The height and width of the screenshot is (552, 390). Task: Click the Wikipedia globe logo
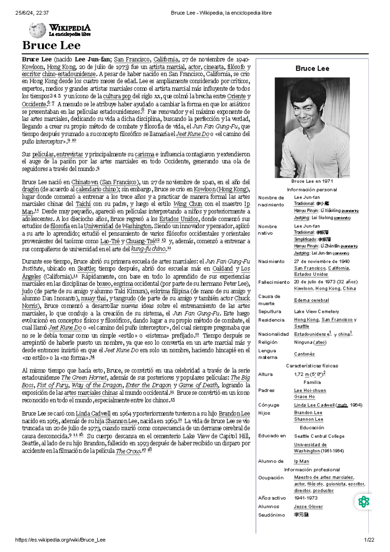click(x=37, y=30)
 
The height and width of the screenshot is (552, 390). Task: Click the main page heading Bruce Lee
click(x=51, y=46)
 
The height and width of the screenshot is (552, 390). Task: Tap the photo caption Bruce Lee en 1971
click(x=312, y=181)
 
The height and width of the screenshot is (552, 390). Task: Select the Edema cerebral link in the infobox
click(x=311, y=300)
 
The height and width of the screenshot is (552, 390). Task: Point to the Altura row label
click(x=265, y=375)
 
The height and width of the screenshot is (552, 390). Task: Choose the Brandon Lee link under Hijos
click(x=308, y=413)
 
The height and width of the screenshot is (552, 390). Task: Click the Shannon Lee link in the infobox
click(x=308, y=419)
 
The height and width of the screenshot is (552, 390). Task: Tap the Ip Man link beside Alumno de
click(x=301, y=461)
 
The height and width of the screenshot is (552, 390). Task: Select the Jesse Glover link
click(x=308, y=506)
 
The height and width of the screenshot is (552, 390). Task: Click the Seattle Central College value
click(x=319, y=436)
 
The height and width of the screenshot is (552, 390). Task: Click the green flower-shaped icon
click(x=363, y=502)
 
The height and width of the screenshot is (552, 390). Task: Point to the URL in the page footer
click(x=60, y=540)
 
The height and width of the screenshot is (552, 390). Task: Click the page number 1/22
click(x=369, y=540)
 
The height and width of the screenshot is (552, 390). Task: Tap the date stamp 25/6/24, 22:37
click(x=32, y=13)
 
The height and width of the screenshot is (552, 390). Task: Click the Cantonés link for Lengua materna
click(x=304, y=354)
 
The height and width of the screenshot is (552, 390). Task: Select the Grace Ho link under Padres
click(x=304, y=397)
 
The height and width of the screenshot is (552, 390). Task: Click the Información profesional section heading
click(x=312, y=470)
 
